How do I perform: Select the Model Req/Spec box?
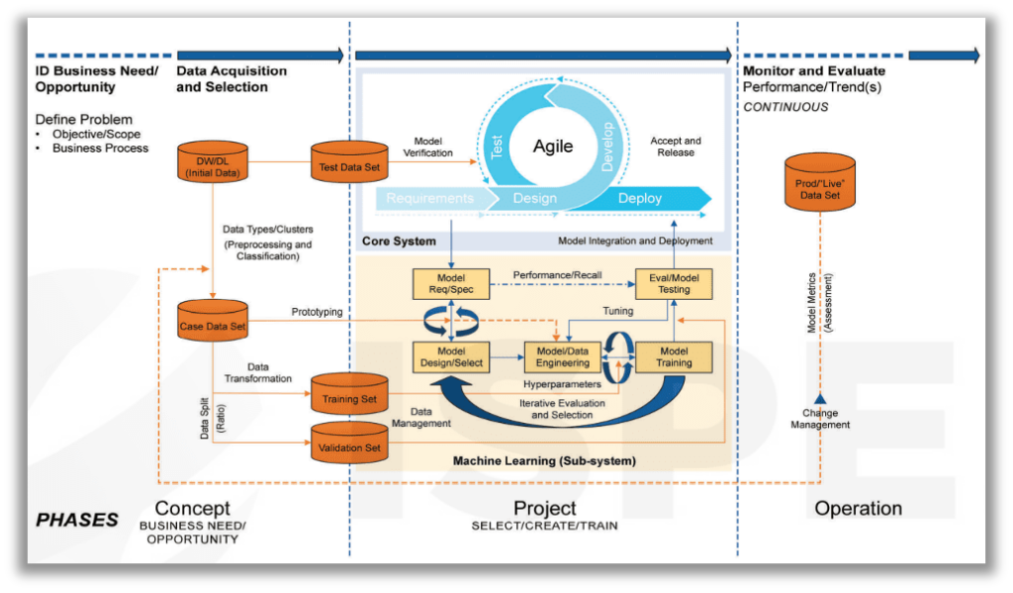(x=451, y=284)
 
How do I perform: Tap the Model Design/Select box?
(x=451, y=356)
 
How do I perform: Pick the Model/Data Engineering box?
(x=563, y=356)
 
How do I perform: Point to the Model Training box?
(x=674, y=356)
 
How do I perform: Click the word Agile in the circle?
(x=553, y=147)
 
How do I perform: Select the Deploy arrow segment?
(x=640, y=198)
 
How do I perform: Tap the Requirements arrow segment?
(x=429, y=198)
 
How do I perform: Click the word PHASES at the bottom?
(x=77, y=520)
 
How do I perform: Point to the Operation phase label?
(x=858, y=509)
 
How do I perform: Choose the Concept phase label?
(x=192, y=509)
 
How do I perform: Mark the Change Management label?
(x=820, y=419)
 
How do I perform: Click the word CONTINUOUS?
(x=785, y=107)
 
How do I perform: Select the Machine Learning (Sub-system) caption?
(x=544, y=460)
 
